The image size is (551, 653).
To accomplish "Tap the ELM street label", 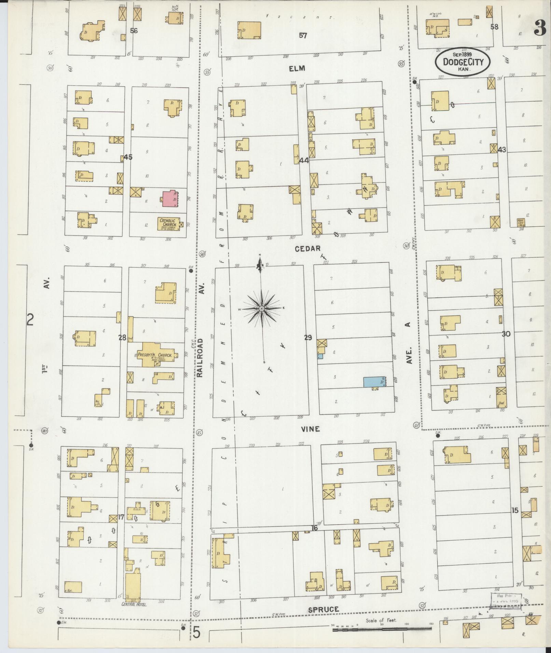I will (x=297, y=69).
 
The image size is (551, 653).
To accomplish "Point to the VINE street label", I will (x=310, y=429).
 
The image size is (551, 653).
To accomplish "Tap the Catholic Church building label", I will (x=168, y=223).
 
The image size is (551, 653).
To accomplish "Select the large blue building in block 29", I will (x=374, y=382).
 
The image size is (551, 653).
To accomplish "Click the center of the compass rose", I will (x=261, y=309).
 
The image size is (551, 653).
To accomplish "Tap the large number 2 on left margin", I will (x=31, y=320).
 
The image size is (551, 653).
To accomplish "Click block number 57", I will (x=303, y=36).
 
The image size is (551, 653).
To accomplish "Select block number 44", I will (x=304, y=160).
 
